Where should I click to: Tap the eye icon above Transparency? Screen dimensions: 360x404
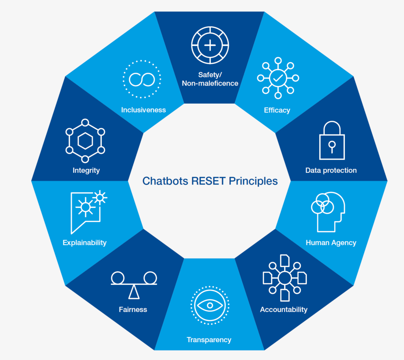tap(209, 305)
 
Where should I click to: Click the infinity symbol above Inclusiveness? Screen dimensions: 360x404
tap(142, 79)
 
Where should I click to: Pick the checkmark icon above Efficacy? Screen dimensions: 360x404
tap(278, 78)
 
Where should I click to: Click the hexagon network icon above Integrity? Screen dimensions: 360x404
tap(85, 141)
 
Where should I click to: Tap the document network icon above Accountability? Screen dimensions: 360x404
tap(284, 278)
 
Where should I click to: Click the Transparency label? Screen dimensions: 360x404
tap(209, 339)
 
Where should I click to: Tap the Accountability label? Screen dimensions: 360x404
tap(284, 310)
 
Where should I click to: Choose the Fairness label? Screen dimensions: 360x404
tap(133, 310)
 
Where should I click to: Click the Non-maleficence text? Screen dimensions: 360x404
tap(210, 83)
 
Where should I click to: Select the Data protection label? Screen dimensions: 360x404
tap(331, 170)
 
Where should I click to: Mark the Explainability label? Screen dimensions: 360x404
tap(84, 242)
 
